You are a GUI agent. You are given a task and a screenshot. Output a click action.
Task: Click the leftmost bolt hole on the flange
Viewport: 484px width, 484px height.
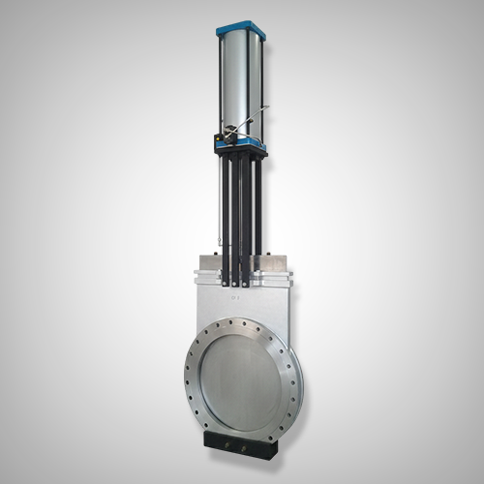(183, 371)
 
